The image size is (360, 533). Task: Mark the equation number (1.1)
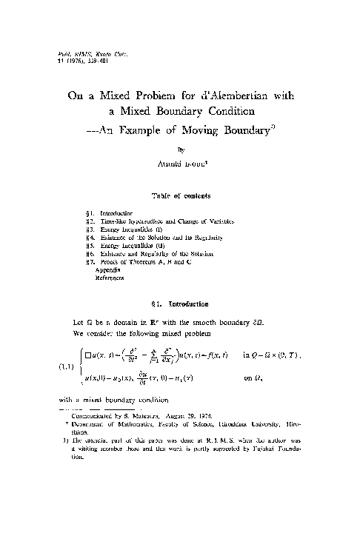coord(66,365)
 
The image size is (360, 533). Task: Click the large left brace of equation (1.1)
coord(79,365)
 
